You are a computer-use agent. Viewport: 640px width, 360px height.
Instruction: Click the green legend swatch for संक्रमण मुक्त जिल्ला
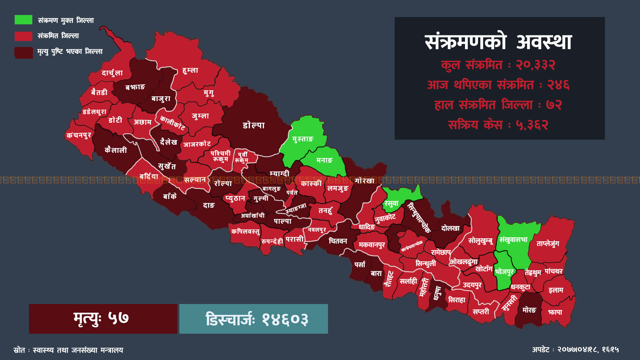tap(23, 20)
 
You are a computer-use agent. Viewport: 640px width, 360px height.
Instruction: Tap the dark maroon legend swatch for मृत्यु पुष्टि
tap(23, 52)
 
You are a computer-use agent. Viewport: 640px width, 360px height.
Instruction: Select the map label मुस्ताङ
tap(303, 139)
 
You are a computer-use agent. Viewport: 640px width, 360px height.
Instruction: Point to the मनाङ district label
tap(324, 160)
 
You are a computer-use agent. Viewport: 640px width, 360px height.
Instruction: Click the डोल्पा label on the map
tap(254, 125)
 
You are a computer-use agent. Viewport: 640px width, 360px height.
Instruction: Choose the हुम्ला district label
tap(190, 70)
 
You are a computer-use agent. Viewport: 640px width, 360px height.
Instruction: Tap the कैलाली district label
tap(116, 150)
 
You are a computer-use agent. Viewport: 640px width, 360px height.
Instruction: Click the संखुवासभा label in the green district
tap(513, 240)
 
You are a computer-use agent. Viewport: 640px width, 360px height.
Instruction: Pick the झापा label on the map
tap(555, 312)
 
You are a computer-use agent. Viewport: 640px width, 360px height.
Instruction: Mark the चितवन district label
tap(338, 241)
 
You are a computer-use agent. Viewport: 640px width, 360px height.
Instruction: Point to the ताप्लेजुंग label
tap(548, 244)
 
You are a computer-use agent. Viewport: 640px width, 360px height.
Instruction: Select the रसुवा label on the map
tap(391, 203)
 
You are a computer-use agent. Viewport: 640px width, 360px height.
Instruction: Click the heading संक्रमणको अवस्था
tap(498, 42)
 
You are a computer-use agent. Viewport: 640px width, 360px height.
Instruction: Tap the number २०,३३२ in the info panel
tap(535, 65)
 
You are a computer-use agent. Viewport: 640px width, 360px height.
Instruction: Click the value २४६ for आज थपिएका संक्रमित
tap(558, 85)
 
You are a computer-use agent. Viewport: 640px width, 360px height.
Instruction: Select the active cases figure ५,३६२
tap(532, 125)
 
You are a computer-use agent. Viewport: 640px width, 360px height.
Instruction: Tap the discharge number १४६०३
tap(285, 319)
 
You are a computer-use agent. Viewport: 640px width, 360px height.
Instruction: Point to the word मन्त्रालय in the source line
tap(112, 350)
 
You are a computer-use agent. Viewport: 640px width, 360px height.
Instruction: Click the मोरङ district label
tap(529, 310)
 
